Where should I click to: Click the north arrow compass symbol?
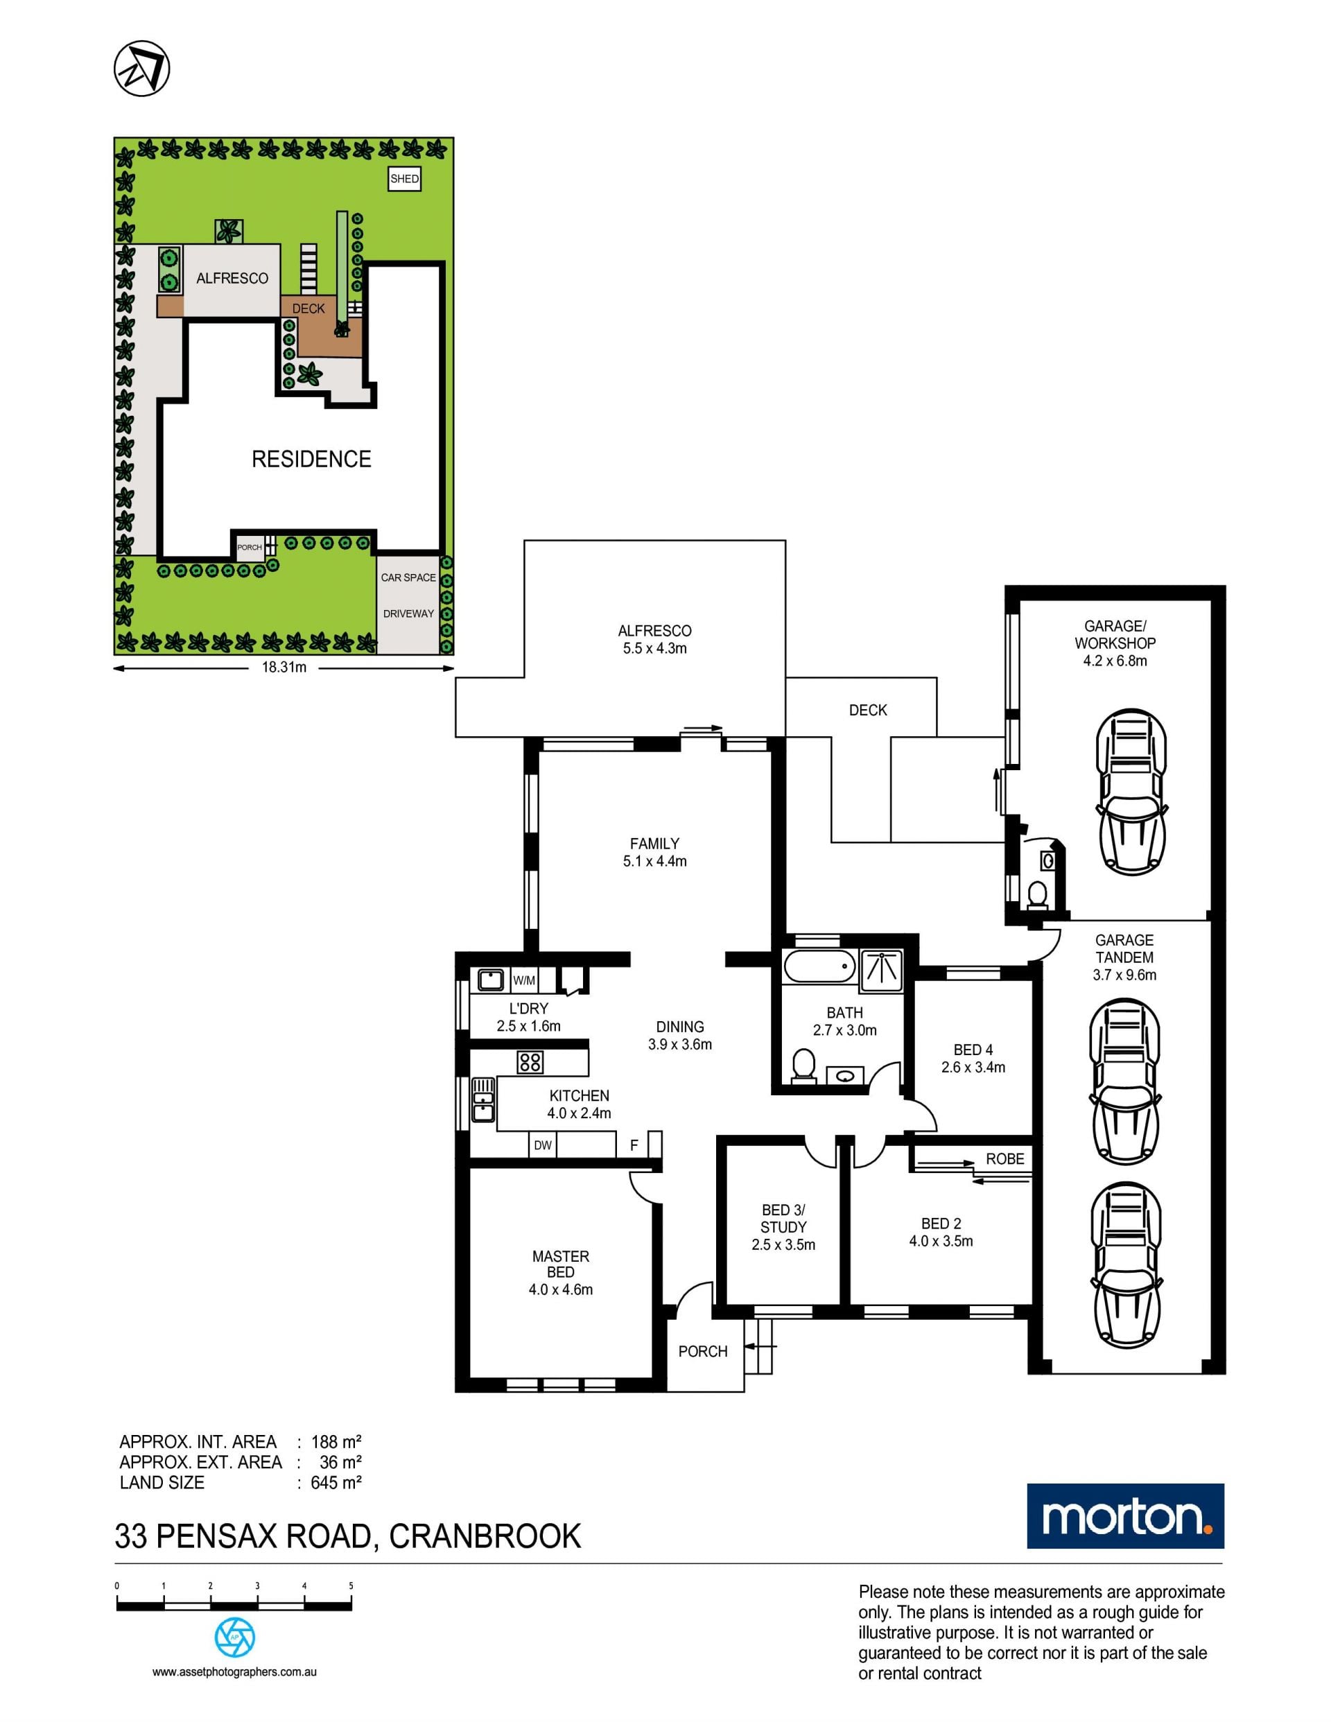click(x=142, y=68)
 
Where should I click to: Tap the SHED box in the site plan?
click(x=405, y=179)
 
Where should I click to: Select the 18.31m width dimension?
click(x=284, y=667)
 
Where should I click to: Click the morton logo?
click(x=1125, y=1516)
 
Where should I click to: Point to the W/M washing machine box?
click(x=524, y=981)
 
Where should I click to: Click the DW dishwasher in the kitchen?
click(x=543, y=1145)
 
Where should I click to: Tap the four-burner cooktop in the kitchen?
click(x=530, y=1062)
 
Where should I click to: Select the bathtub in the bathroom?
click(x=819, y=966)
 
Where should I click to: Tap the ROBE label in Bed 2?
click(x=1004, y=1158)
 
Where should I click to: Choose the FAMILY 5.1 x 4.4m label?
click(x=654, y=852)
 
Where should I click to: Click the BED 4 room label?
click(x=973, y=1050)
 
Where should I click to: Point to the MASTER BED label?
click(x=561, y=1264)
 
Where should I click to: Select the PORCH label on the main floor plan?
click(x=702, y=1351)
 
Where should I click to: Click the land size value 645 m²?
click(x=336, y=1482)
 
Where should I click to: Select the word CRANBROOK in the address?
click(x=485, y=1537)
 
